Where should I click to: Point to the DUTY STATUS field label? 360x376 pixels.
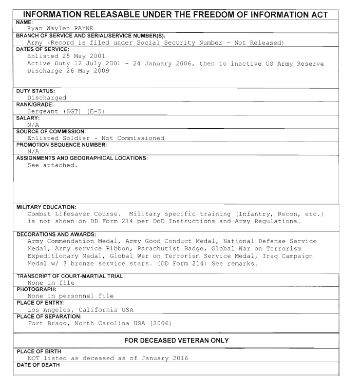[35, 91]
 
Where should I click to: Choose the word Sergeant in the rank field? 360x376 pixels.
[44, 111]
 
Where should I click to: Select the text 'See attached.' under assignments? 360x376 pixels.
[52, 165]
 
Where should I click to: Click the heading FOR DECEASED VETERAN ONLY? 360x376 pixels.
[177, 341]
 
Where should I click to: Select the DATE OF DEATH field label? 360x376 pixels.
[38, 365]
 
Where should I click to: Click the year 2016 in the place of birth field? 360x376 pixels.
[179, 358]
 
